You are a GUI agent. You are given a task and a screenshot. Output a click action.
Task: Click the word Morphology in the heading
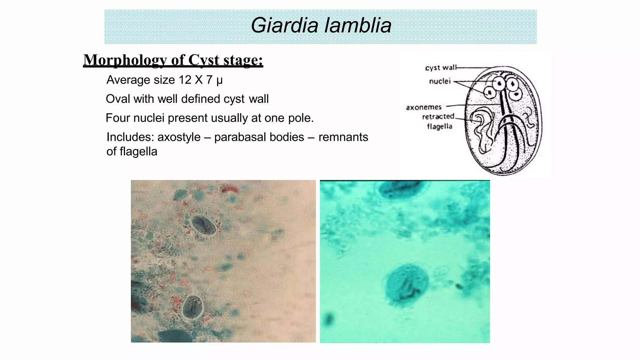125,60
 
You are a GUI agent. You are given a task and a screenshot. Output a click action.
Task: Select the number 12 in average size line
185,80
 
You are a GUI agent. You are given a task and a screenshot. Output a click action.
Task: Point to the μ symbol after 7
219,81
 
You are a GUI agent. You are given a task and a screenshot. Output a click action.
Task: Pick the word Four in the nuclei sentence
118,118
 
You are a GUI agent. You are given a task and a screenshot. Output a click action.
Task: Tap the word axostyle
179,137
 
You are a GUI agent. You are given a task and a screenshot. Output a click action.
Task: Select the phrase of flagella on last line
132,152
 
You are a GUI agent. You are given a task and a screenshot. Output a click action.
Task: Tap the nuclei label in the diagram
439,82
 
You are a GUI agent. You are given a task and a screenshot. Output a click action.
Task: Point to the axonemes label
423,107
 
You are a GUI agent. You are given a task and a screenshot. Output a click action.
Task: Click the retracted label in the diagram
438,117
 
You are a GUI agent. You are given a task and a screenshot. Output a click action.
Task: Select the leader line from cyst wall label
473,67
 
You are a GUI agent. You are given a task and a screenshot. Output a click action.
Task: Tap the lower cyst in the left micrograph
193,307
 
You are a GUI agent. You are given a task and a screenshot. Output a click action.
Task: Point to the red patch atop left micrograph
230,188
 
